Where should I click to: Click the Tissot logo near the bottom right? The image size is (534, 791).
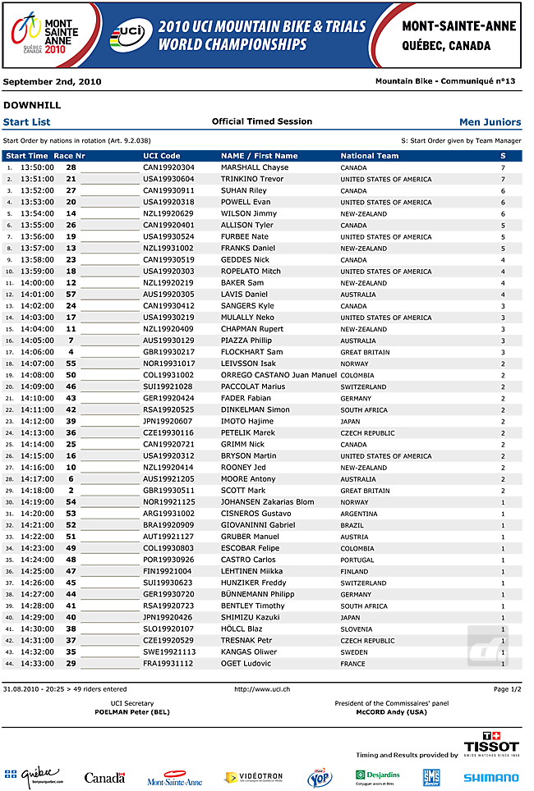point(491,743)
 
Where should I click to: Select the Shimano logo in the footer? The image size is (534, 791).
point(490,777)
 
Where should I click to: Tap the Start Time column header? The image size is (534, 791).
point(27,155)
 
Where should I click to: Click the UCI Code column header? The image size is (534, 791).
point(162,155)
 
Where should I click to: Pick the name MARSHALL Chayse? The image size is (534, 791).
point(255,167)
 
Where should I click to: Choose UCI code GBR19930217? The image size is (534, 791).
point(168,352)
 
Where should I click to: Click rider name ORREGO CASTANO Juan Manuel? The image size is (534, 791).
point(279,375)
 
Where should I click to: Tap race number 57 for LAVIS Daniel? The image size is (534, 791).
point(71,294)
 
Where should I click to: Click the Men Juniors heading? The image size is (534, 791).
point(490,122)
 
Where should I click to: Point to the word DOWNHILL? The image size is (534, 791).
point(32,105)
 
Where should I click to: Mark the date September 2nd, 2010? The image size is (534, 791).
point(53,81)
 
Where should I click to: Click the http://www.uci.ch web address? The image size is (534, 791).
point(262,689)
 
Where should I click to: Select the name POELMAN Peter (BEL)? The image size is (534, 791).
point(132,712)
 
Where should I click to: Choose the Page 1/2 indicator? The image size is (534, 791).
point(507,689)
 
